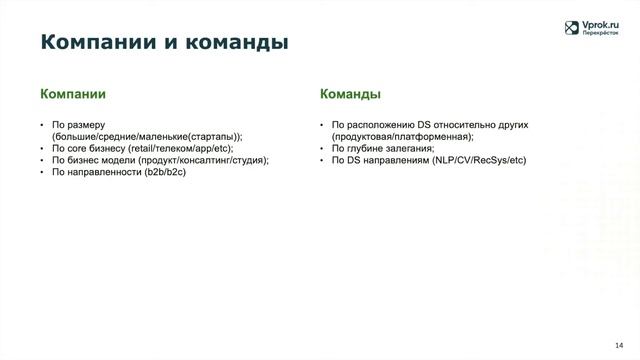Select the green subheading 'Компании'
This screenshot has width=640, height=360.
click(x=73, y=95)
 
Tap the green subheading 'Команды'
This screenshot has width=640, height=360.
click(x=349, y=95)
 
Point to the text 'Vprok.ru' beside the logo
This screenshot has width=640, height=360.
click(x=603, y=24)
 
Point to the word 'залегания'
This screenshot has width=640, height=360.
click(x=405, y=148)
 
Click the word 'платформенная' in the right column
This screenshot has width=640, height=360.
click(x=437, y=136)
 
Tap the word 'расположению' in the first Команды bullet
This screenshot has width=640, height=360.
click(x=377, y=125)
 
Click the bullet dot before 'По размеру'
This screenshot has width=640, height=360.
click(x=41, y=125)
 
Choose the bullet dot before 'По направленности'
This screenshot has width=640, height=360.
click(x=41, y=171)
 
